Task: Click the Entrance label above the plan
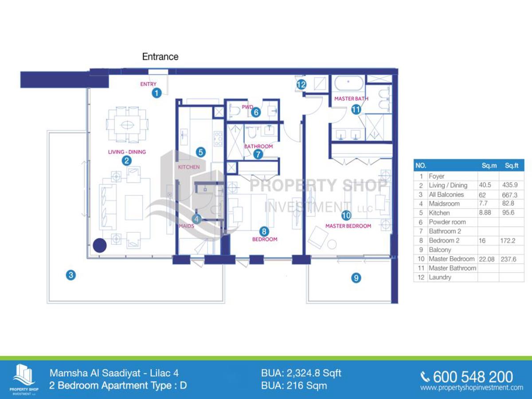coord(160,57)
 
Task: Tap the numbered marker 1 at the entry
coord(156,93)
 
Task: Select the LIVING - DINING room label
coord(127,152)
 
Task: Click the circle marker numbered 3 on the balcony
coord(71,275)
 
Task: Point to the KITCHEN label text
coord(189,167)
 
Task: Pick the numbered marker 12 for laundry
coord(301,85)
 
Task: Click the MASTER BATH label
coord(351,98)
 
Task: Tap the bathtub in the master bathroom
coord(348,83)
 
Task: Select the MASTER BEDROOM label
coord(348,226)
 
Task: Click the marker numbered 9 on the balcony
coord(356,278)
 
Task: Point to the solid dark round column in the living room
coord(100,246)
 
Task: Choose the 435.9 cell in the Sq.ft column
coord(510,185)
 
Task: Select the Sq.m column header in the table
coord(489,165)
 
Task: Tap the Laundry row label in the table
coord(440,277)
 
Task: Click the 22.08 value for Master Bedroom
coord(486,259)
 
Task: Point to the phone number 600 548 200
coord(473,377)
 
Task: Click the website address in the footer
coord(472,387)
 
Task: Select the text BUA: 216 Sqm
coord(294,386)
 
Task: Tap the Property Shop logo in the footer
coord(24,379)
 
